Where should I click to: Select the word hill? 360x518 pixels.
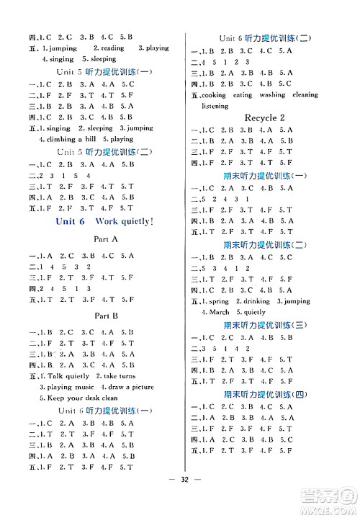tap(94, 139)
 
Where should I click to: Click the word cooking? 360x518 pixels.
tap(214, 95)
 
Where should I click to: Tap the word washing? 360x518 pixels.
tap(271, 95)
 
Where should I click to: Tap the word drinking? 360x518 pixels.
tap(259, 302)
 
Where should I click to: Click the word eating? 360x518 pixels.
tap(243, 95)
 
